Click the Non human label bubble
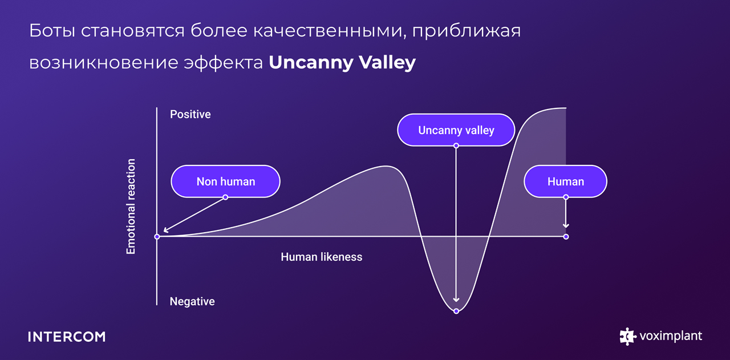click(x=225, y=181)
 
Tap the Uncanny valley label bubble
click(x=456, y=130)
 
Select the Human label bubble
click(x=565, y=181)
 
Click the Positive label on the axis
click(x=190, y=114)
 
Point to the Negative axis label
click(x=192, y=301)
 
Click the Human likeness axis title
click(x=321, y=257)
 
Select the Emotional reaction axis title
click(x=131, y=207)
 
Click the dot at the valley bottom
click(x=456, y=311)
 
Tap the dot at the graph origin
click(x=157, y=236)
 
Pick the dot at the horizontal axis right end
click(x=566, y=237)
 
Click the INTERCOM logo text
click(x=67, y=337)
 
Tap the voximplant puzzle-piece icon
click(x=627, y=337)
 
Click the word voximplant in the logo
click(x=671, y=336)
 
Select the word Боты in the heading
click(x=52, y=31)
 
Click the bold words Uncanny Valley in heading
click(x=342, y=62)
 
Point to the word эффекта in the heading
click(x=223, y=63)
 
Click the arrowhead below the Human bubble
click(x=566, y=225)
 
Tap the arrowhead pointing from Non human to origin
click(x=166, y=230)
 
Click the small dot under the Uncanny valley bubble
click(x=456, y=145)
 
